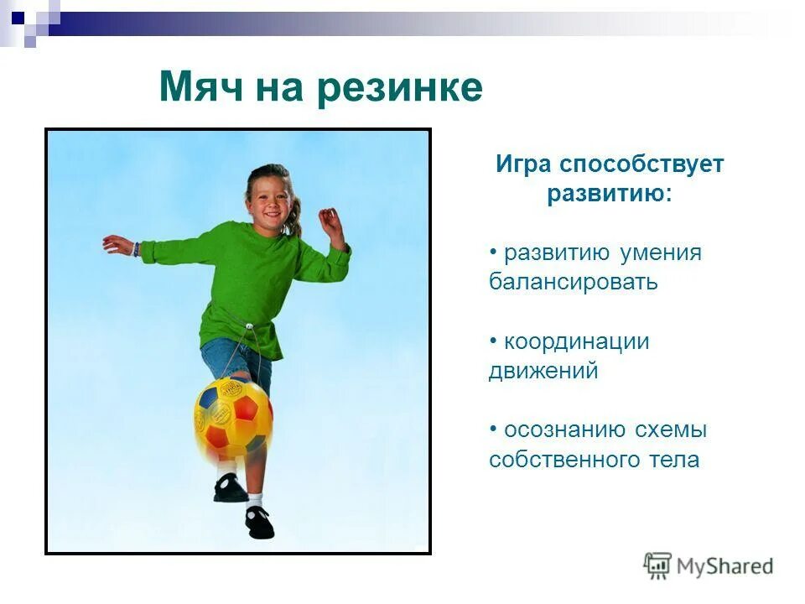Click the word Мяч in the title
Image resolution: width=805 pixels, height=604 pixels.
tap(198, 88)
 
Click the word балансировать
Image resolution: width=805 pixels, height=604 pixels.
tap(574, 282)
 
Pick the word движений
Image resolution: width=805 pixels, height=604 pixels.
tap(543, 371)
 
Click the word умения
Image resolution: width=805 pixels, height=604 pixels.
tap(661, 253)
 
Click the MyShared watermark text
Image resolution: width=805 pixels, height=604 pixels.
tap(724, 566)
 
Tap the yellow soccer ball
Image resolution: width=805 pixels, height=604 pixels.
tap(234, 415)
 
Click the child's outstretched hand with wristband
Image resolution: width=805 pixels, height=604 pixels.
tap(117, 245)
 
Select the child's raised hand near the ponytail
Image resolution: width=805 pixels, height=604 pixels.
tap(330, 224)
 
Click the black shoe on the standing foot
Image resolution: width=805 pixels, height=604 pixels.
tap(259, 522)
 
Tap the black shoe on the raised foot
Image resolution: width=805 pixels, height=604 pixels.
tap(229, 487)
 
